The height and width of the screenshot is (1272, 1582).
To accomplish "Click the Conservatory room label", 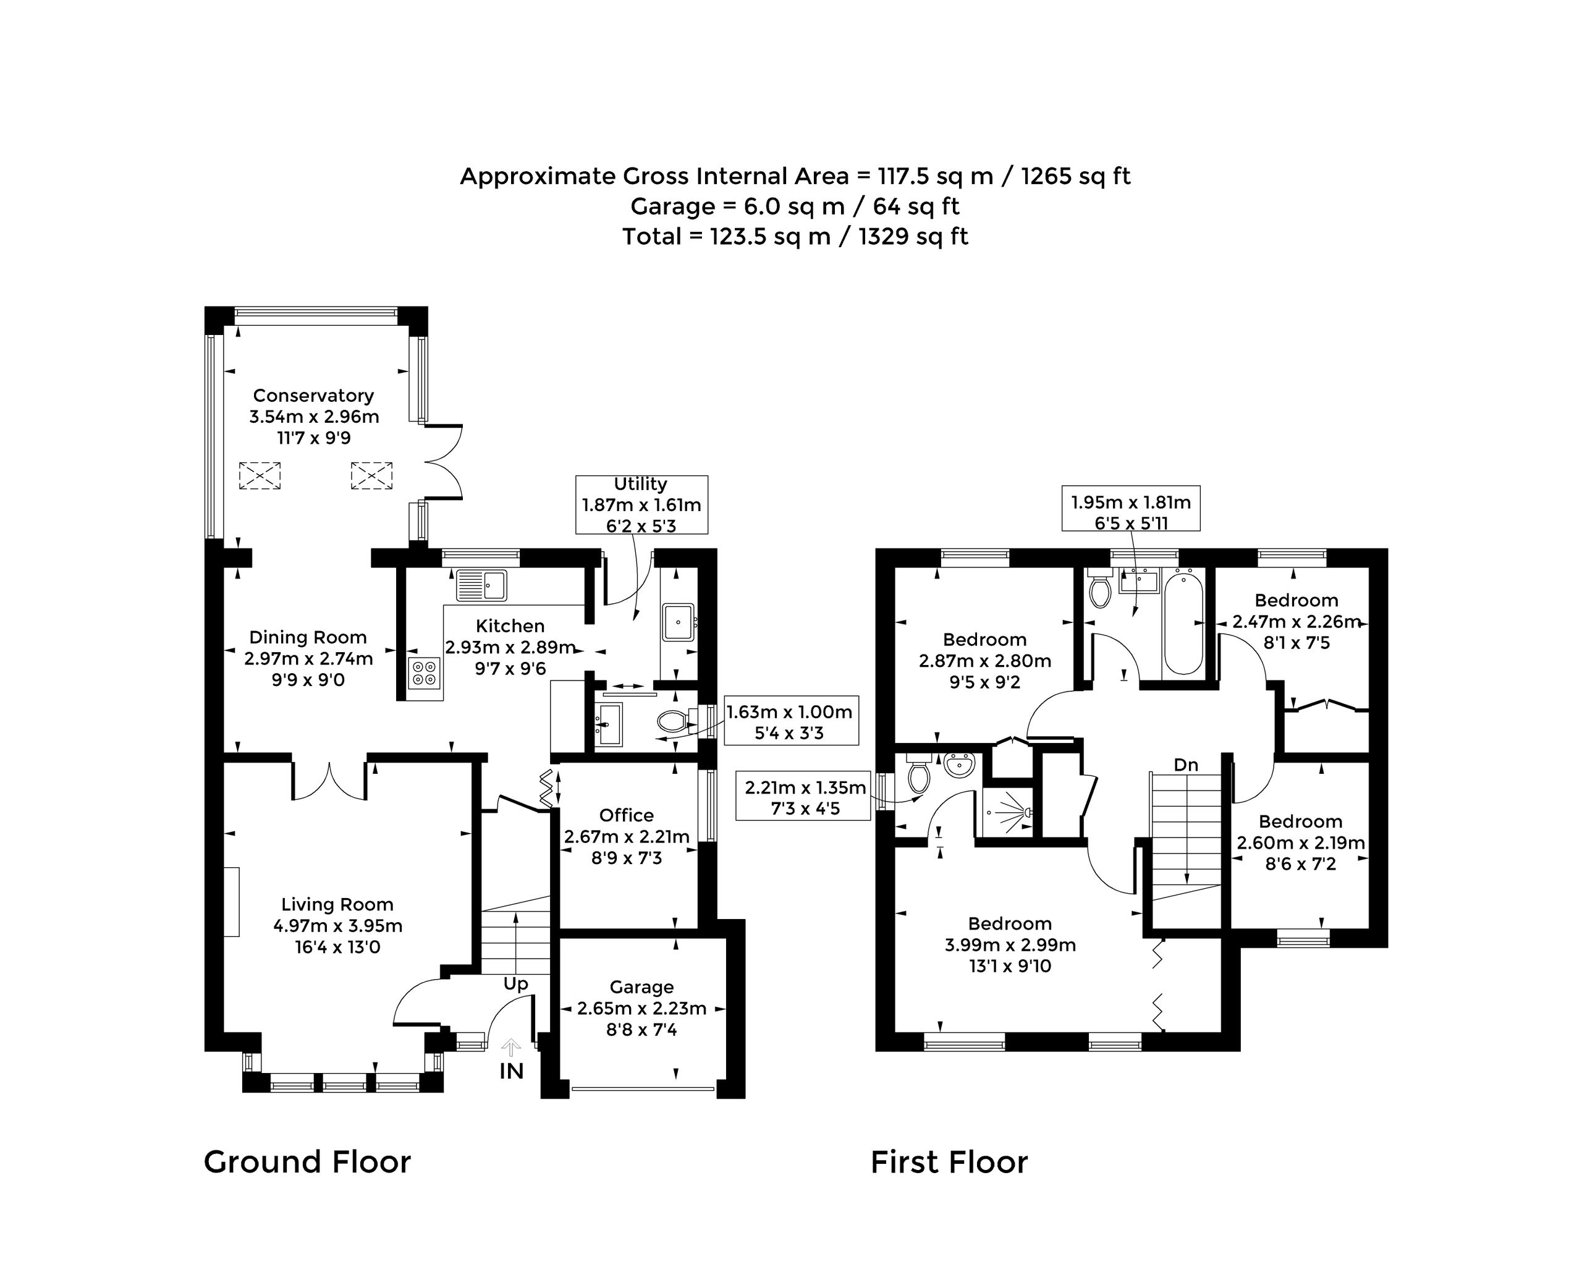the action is (x=313, y=396).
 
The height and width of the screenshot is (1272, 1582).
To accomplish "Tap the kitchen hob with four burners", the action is (x=425, y=674).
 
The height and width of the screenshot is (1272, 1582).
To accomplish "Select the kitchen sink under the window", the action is (x=481, y=584).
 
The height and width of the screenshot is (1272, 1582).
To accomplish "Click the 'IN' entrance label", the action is (x=512, y=1071).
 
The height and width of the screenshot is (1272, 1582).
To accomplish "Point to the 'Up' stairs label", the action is (x=516, y=983).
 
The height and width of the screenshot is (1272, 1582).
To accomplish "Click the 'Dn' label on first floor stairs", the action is (x=1186, y=765).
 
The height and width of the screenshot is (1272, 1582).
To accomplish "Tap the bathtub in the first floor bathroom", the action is (x=1183, y=623).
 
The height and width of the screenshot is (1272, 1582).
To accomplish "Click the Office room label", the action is (x=627, y=815).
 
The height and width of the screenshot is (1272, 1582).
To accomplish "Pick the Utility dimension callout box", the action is (x=642, y=504).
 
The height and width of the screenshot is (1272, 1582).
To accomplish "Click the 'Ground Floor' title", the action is (x=308, y=1162).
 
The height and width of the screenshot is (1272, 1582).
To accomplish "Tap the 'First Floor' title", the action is (x=949, y=1163).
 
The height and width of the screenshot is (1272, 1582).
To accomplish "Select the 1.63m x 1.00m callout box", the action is (x=790, y=721).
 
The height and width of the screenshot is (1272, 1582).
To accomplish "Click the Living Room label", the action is (x=337, y=904).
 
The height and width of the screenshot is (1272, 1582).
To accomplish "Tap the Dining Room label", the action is (x=308, y=637).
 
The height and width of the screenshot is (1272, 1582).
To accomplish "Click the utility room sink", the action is (x=678, y=622).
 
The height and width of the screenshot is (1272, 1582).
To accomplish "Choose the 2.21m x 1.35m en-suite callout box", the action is (x=806, y=798).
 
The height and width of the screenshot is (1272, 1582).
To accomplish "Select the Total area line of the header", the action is (x=795, y=236).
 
